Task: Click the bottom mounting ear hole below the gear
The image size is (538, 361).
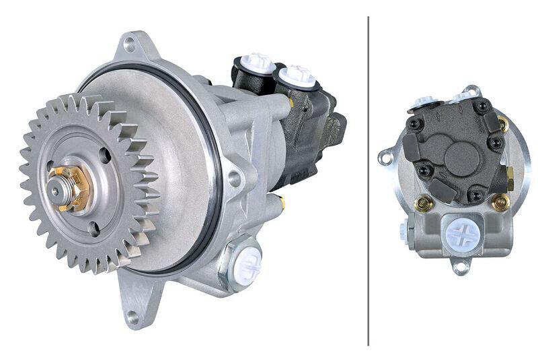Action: pos(132,316)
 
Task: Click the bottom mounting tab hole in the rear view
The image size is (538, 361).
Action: pos(460,268)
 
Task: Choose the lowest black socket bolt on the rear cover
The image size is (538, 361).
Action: pos(475,195)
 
